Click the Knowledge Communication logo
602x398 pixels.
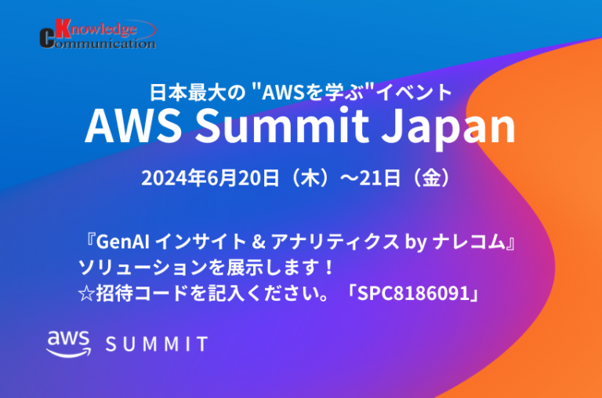coord(98,34)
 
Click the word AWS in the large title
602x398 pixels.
coord(133,126)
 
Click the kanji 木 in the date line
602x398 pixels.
coord(310,179)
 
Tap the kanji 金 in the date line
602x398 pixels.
coord(431,179)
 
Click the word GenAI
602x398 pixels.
coord(123,242)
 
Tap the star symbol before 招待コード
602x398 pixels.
coord(86,294)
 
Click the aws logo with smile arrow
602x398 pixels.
coord(69,344)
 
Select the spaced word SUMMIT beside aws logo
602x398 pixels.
coord(157,344)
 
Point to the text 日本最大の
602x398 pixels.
coord(197,93)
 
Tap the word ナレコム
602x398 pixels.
coord(469,243)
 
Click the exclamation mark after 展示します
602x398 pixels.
coord(328,268)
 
